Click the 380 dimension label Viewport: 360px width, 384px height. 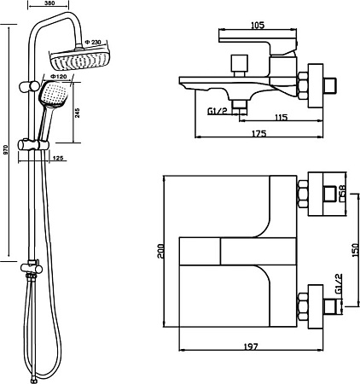pyautogui.click(x=49, y=3)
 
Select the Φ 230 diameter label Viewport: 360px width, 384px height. pyautogui.click(x=93, y=42)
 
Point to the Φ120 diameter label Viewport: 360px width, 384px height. pyautogui.click(x=58, y=77)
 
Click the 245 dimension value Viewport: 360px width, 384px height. pyautogui.click(x=78, y=113)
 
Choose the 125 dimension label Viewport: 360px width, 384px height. pyautogui.click(x=58, y=158)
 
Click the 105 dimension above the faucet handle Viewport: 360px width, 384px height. pyautogui.click(x=258, y=25)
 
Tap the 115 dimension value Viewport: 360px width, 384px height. pyautogui.click(x=282, y=117)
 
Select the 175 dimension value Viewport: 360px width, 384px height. pyautogui.click(x=259, y=133)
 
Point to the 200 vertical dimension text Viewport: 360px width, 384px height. pyautogui.click(x=160, y=251)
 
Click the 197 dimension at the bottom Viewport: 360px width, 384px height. pyautogui.click(x=251, y=346)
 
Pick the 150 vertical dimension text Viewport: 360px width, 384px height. pyautogui.click(x=355, y=250)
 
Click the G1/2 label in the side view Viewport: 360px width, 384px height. pyautogui.click(x=217, y=111)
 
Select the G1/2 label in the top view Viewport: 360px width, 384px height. pyautogui.click(x=339, y=284)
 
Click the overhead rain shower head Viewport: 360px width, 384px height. pyautogui.click(x=79, y=59)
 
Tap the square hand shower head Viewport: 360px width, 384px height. pyautogui.click(x=53, y=94)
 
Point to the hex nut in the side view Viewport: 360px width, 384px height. pyautogui.click(x=303, y=85)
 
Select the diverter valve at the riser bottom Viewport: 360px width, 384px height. pyautogui.click(x=32, y=267)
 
